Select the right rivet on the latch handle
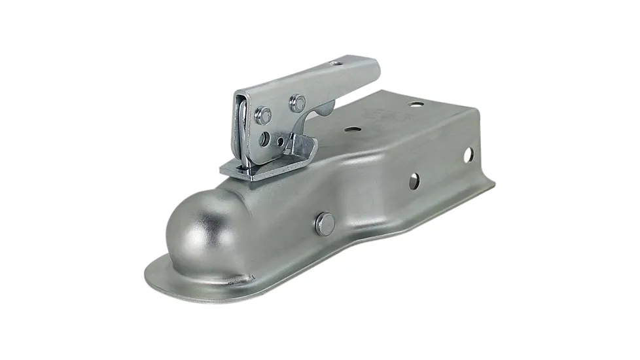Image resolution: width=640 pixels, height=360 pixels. [x=298, y=101]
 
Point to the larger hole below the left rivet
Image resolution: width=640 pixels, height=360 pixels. [x=264, y=138]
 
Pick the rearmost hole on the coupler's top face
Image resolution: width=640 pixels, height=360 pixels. [x=415, y=103]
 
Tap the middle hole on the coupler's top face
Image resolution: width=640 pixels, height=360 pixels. [x=353, y=130]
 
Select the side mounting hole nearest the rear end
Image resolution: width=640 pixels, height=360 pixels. [x=468, y=155]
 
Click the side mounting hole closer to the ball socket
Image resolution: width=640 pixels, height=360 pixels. [x=414, y=181]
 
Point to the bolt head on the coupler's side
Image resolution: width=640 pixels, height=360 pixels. [x=324, y=224]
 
